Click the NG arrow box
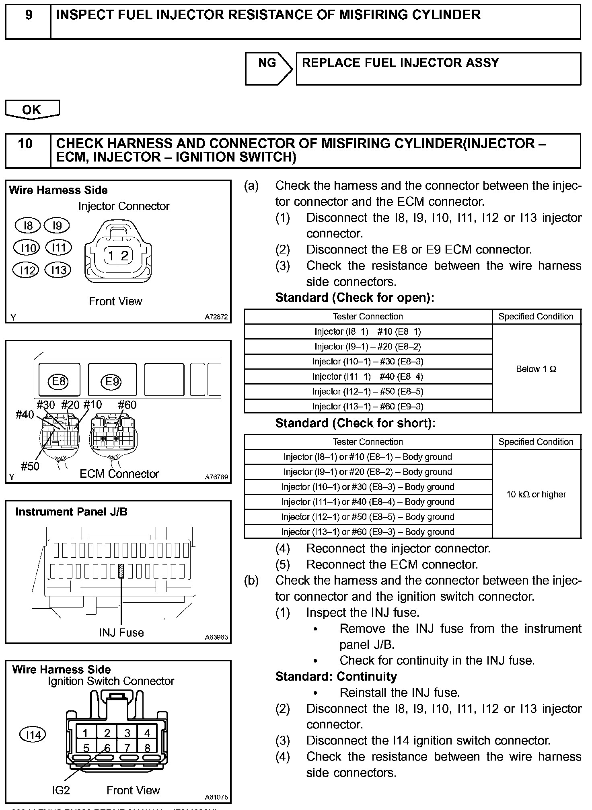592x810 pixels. click(268, 68)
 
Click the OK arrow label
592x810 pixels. click(32, 110)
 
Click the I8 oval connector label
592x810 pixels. click(27, 225)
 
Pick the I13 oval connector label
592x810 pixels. click(58, 270)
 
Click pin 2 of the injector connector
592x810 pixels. click(124, 256)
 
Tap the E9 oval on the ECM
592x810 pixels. click(112, 381)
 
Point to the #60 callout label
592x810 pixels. click(127, 405)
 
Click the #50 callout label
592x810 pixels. click(30, 466)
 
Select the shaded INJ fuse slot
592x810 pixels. click(121, 571)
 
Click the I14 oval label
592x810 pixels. click(33, 735)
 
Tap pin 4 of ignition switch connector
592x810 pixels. click(147, 733)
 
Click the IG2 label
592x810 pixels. click(61, 790)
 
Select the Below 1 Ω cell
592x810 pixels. click(536, 369)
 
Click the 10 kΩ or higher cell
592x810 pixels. click(536, 494)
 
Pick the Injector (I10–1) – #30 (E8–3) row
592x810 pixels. click(368, 362)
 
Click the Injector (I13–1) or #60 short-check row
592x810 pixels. click(368, 532)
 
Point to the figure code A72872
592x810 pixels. click(216, 317)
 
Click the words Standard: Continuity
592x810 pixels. click(336, 677)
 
